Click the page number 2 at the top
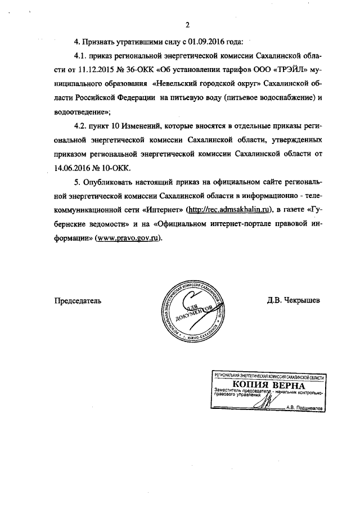187,25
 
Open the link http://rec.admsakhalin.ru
231,210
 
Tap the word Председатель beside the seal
78,300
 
